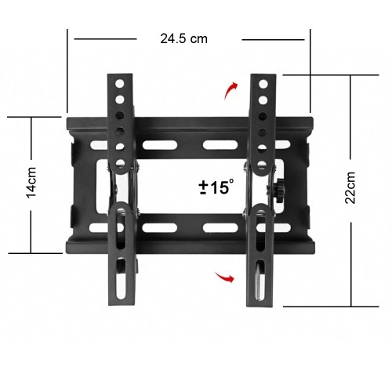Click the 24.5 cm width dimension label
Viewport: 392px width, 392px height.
point(183,38)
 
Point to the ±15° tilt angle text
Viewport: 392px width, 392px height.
point(216,187)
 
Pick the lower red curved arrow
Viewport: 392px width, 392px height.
point(226,276)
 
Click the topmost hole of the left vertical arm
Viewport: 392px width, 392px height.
point(119,82)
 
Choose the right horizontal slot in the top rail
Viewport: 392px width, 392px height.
point(220,144)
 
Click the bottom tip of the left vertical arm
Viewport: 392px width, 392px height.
point(120,305)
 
